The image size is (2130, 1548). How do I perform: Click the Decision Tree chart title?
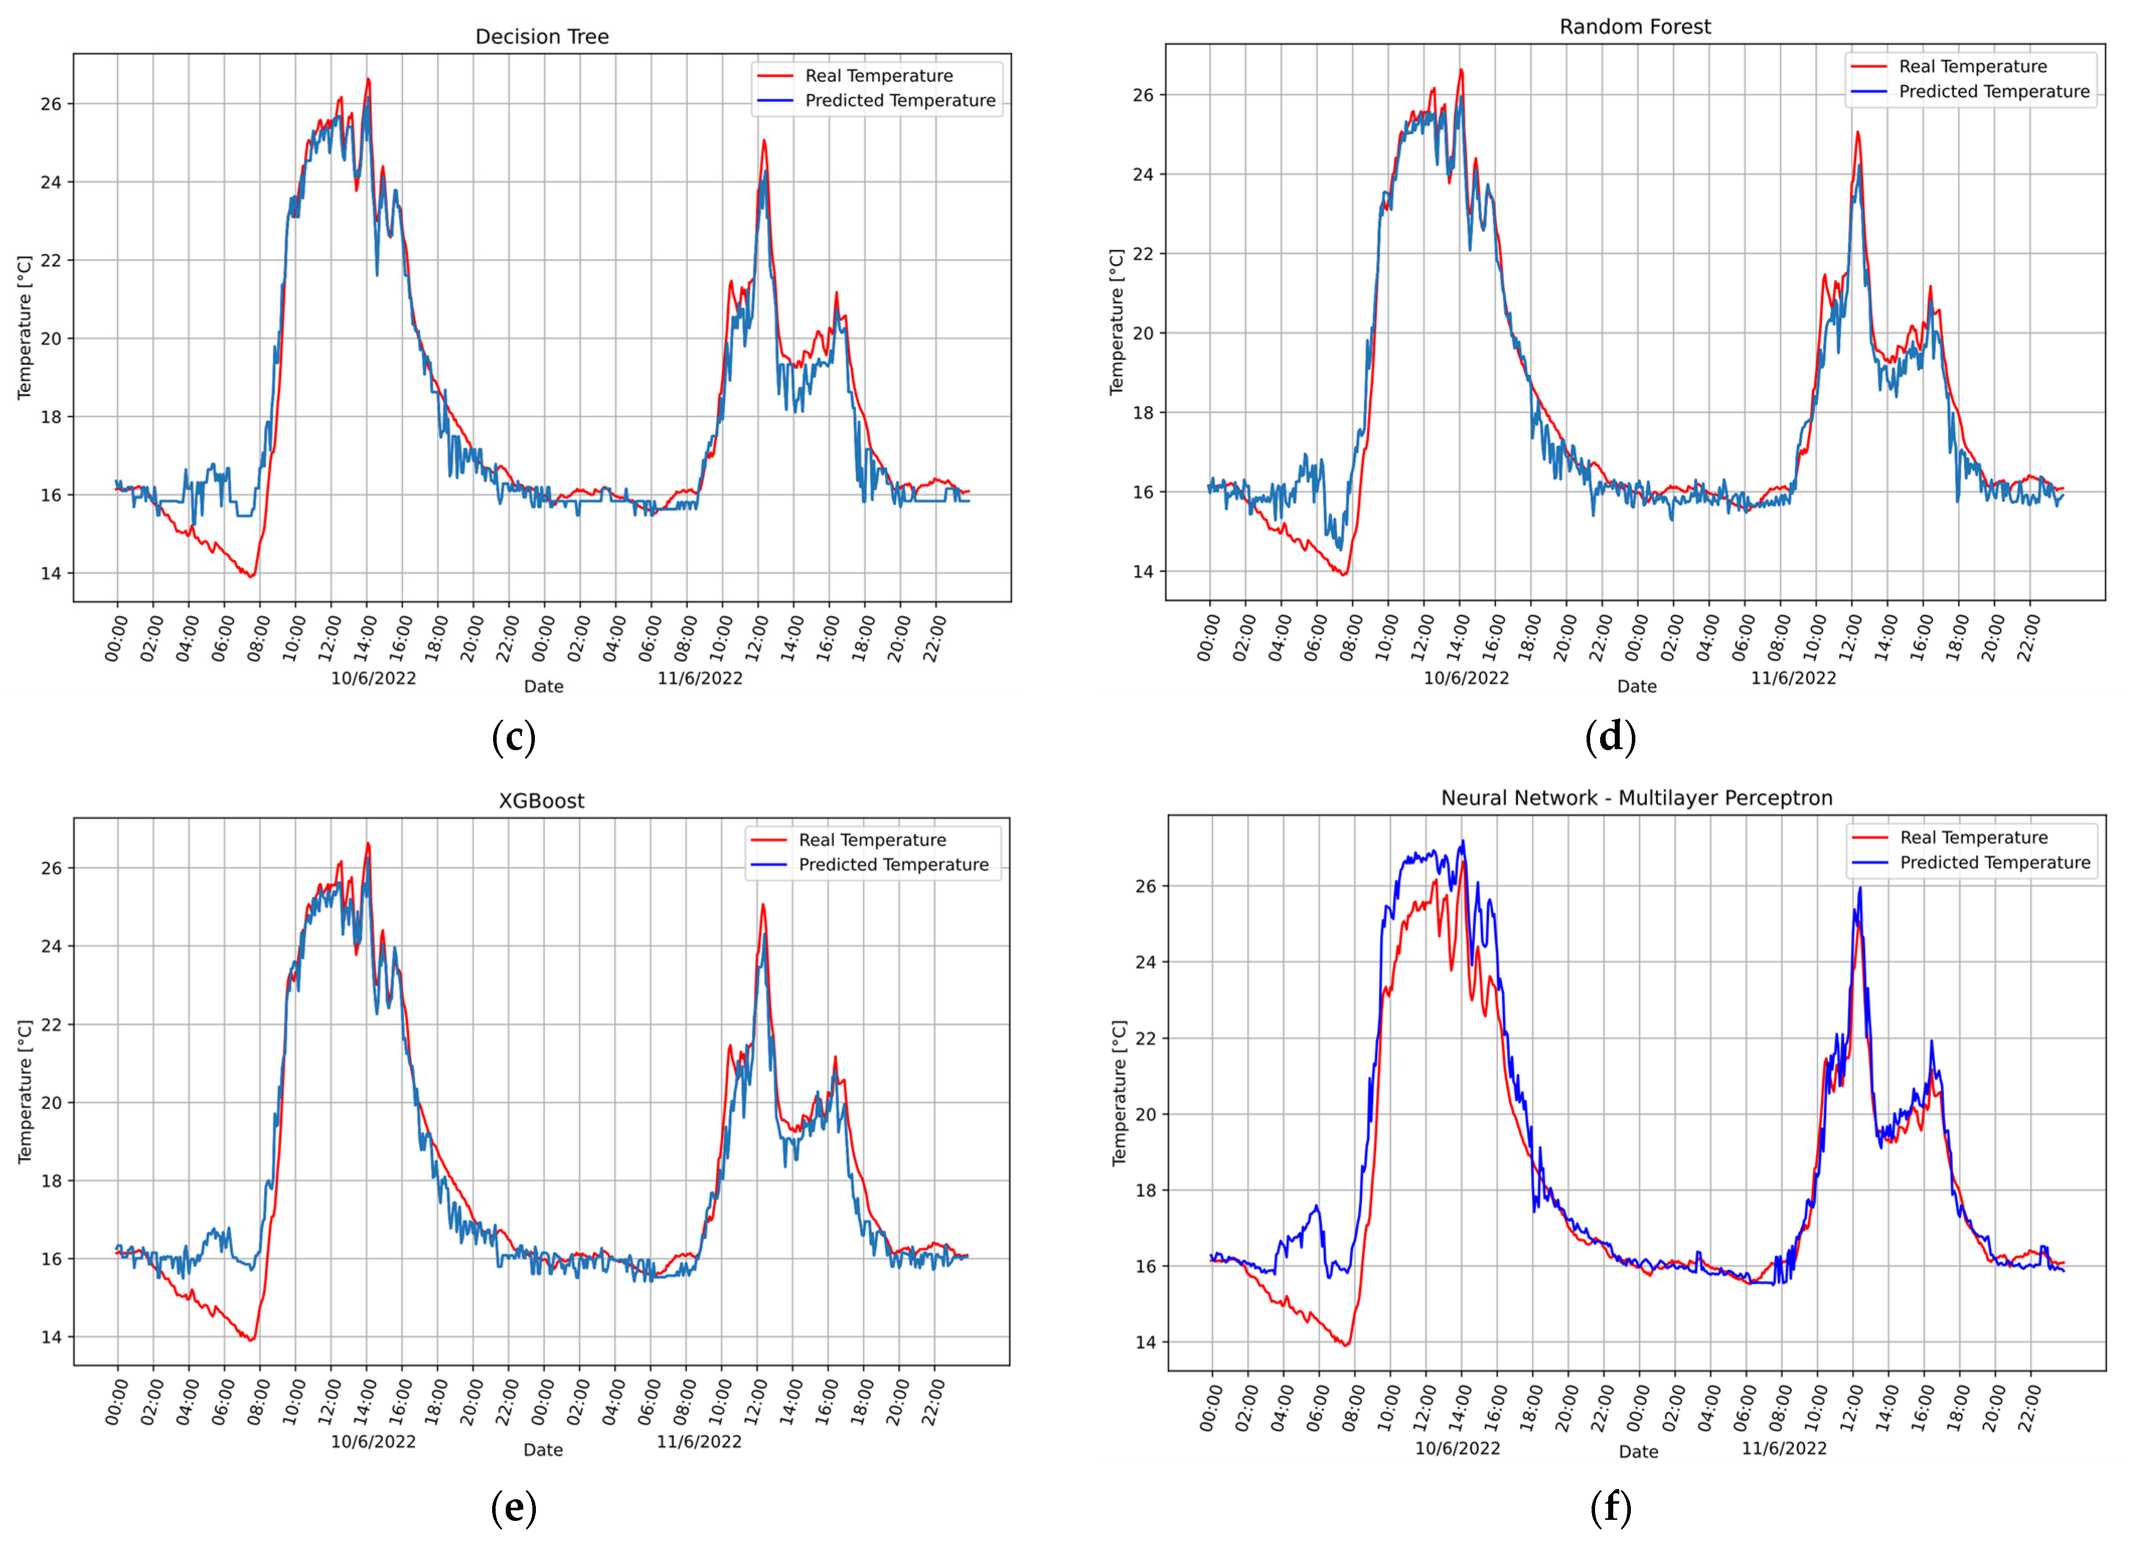[542, 37]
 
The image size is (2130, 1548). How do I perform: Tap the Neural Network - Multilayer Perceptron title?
[1636, 798]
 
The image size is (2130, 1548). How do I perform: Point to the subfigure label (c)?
[514, 738]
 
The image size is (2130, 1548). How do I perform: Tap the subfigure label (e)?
[514, 1509]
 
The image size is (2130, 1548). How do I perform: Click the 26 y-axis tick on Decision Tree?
[51, 104]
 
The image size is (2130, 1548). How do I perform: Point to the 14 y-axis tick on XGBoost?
[51, 1337]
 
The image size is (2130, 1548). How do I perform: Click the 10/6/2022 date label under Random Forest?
[1465, 678]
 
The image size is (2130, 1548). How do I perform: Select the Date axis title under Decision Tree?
[543, 686]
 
